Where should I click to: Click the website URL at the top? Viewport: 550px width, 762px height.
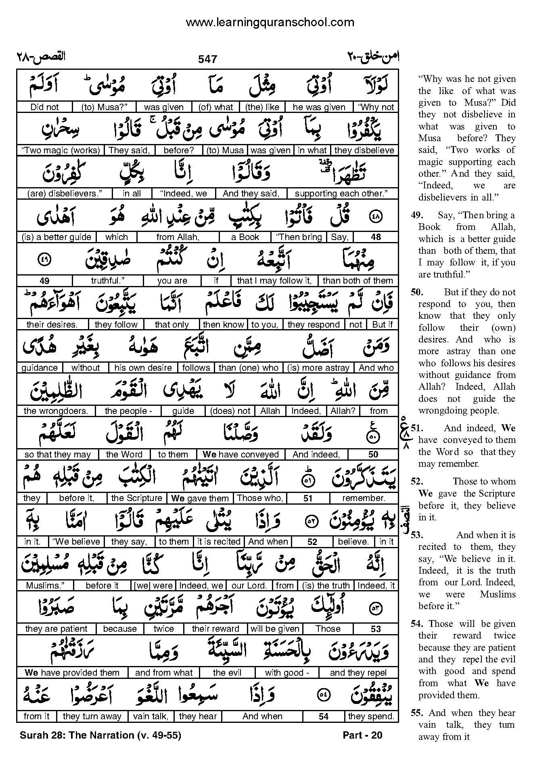[270, 22]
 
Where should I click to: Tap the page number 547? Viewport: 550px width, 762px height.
[207, 59]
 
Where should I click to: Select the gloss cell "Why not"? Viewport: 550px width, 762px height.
[376, 107]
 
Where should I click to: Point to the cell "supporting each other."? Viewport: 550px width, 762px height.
[341, 194]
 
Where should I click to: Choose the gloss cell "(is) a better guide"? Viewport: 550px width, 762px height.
[56, 237]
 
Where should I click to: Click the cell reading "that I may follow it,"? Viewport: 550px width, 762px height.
[274, 281]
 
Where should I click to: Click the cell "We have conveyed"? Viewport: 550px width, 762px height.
[240, 455]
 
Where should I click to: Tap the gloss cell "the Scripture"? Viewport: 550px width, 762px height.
[136, 498]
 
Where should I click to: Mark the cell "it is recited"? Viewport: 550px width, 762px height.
[219, 542]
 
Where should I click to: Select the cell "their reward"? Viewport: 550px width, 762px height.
[215, 629]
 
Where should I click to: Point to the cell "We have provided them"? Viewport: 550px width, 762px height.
[72, 672]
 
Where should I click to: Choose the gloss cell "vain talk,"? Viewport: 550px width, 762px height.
[151, 716]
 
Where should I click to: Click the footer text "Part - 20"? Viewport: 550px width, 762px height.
[362, 735]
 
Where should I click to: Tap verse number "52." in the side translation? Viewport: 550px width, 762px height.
[417, 481]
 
